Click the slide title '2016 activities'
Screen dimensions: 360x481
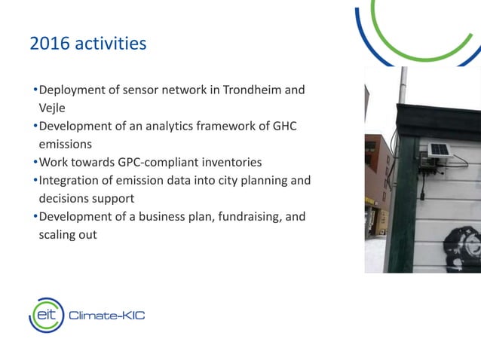(87, 44)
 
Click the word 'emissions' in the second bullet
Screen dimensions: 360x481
(65, 144)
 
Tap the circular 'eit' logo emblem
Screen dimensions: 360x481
(46, 315)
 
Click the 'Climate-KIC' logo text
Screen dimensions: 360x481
(106, 316)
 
